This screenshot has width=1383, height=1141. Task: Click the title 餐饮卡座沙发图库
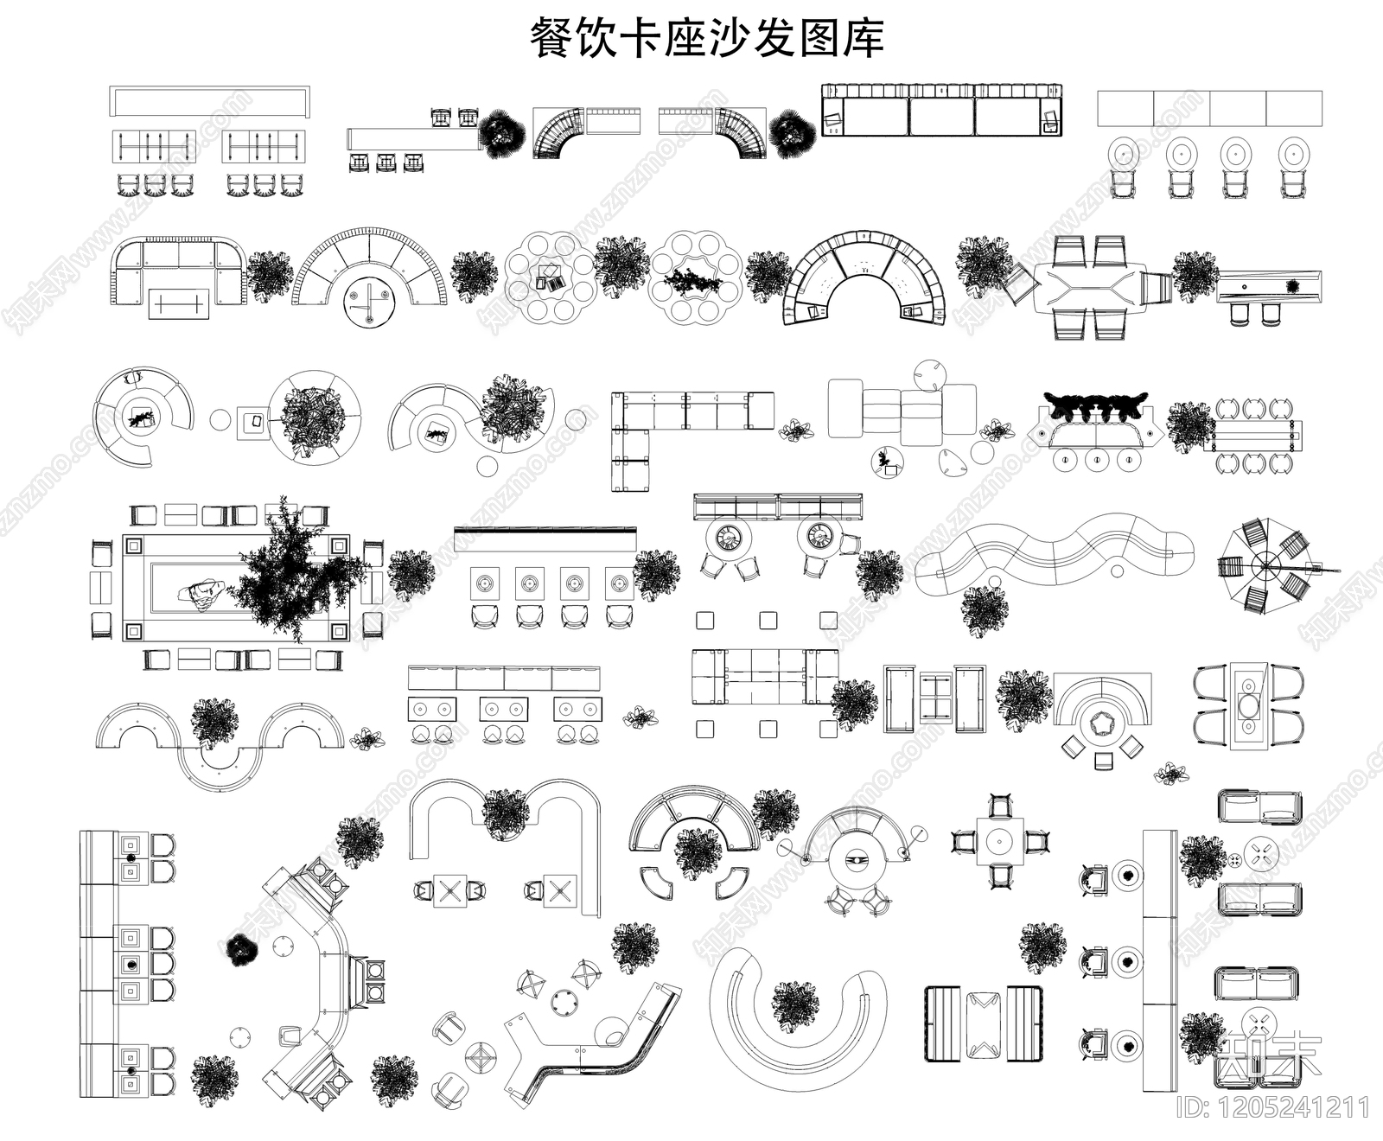[x=706, y=40]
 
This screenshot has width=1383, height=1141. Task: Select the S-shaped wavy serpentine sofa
[x=1055, y=553]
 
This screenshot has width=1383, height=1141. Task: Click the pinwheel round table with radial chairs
[x=1266, y=566]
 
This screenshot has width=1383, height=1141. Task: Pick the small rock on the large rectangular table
[x=201, y=593]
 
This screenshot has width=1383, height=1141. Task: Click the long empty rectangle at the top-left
[x=209, y=100]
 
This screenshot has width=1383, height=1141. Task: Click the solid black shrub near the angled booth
[x=239, y=949]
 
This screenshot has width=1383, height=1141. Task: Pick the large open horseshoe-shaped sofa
[x=797, y=1016]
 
